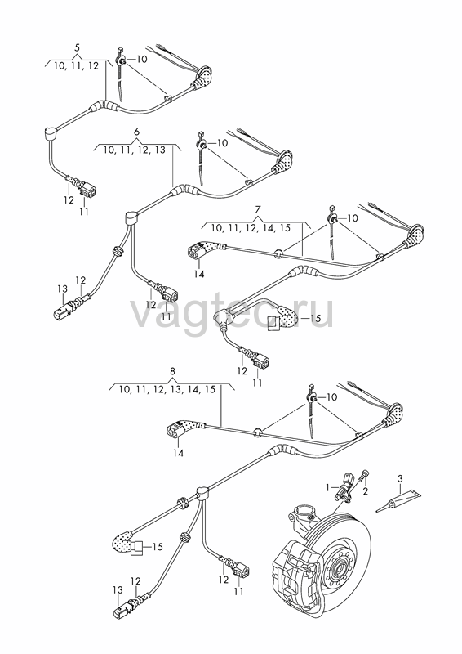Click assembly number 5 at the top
(77, 47)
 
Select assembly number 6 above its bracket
(136, 132)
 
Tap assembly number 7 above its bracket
(257, 208)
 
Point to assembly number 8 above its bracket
(173, 371)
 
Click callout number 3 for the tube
(400, 478)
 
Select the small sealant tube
(398, 501)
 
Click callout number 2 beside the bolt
(366, 491)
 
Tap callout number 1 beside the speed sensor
(328, 486)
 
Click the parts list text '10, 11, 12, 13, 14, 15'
(167, 390)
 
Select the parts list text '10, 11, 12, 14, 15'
(251, 228)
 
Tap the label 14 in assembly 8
(178, 453)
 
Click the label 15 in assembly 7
(316, 318)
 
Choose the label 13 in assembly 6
(62, 289)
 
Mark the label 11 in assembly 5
(84, 212)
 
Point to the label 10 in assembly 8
(331, 397)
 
